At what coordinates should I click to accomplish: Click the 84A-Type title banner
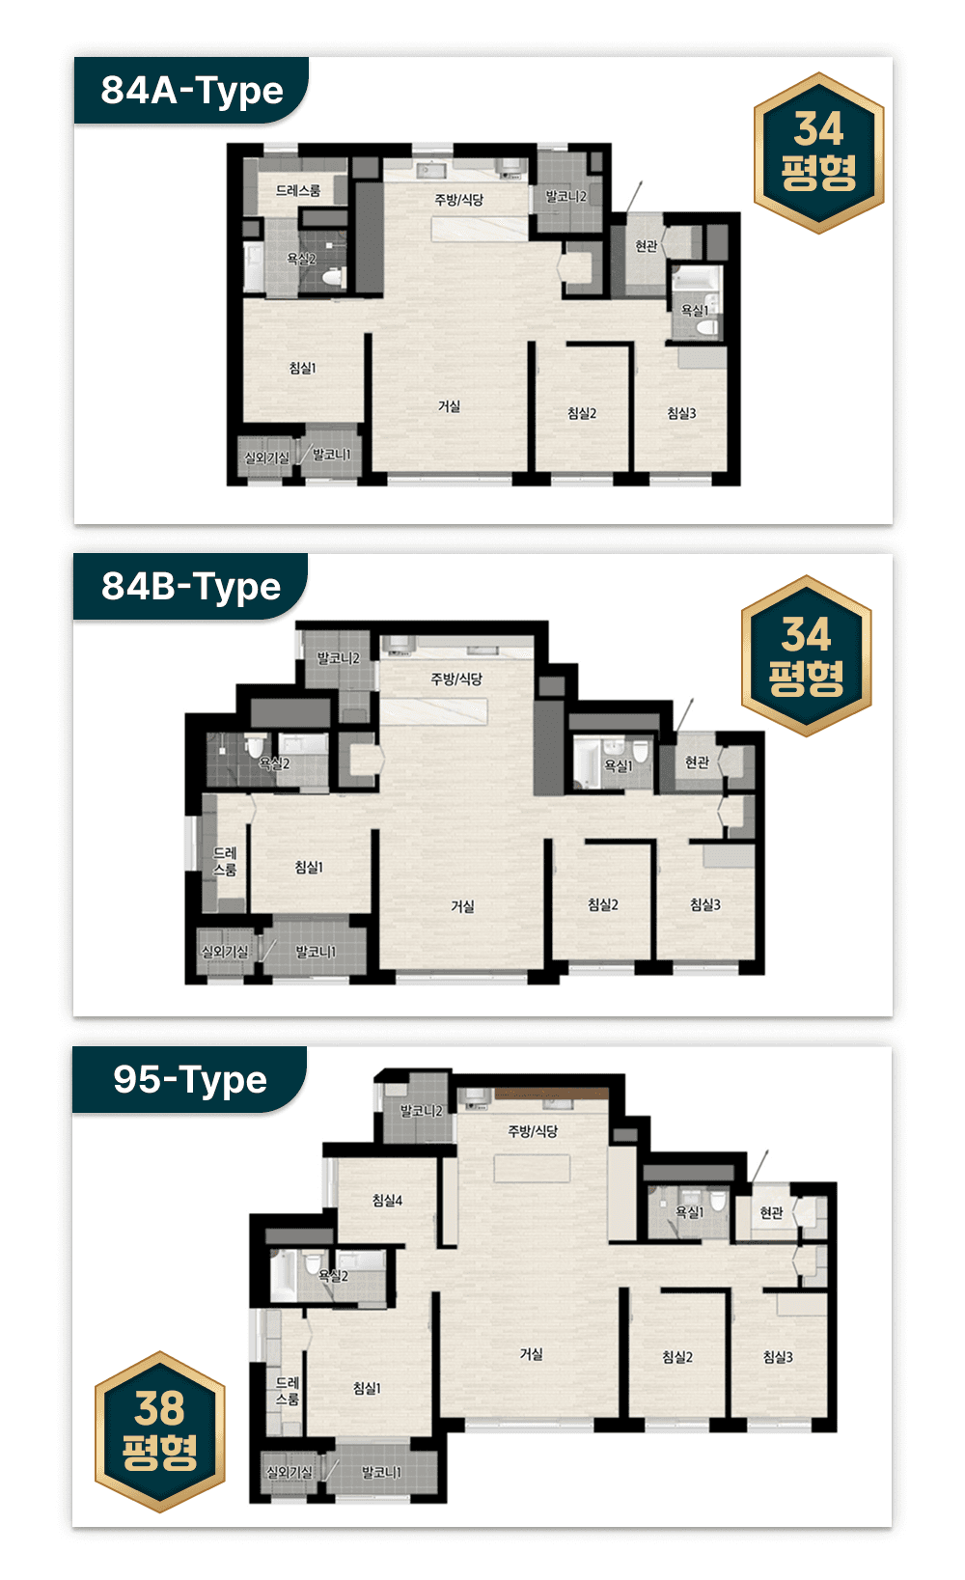tap(191, 91)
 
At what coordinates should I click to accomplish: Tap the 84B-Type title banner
tap(190, 586)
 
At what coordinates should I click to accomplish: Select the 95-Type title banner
tap(190, 1079)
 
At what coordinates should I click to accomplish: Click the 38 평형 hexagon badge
tap(160, 1431)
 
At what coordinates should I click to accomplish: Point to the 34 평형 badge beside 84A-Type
tap(818, 152)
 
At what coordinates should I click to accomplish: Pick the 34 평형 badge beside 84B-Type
tap(807, 656)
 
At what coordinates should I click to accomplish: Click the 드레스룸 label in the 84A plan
tap(297, 190)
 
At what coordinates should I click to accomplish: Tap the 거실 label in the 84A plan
tap(450, 406)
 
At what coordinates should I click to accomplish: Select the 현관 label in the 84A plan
tap(647, 245)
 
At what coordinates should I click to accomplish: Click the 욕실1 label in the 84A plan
tap(694, 310)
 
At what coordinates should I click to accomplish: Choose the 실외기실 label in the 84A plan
tap(266, 457)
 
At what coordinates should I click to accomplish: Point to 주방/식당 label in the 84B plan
tap(456, 679)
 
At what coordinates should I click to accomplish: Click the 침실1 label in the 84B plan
tap(309, 867)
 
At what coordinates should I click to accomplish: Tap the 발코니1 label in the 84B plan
tap(316, 952)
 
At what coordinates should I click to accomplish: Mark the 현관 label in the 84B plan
tap(697, 762)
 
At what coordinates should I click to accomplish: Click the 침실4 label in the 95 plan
tap(387, 1200)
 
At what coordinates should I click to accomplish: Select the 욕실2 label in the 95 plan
tap(333, 1275)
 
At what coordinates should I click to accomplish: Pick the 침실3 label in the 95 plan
tap(778, 1356)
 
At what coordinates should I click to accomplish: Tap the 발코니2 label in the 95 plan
tap(421, 1111)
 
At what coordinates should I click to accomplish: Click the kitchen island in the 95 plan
tap(532, 1168)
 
